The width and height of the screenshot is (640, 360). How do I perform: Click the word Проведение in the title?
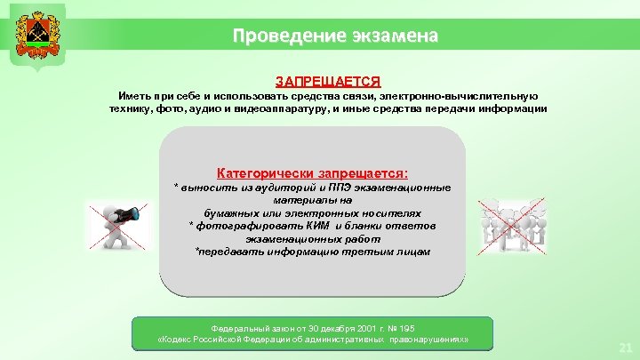284,36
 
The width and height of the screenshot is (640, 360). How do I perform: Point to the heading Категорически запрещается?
313,172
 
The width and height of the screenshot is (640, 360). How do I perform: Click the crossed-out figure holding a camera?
117,227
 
